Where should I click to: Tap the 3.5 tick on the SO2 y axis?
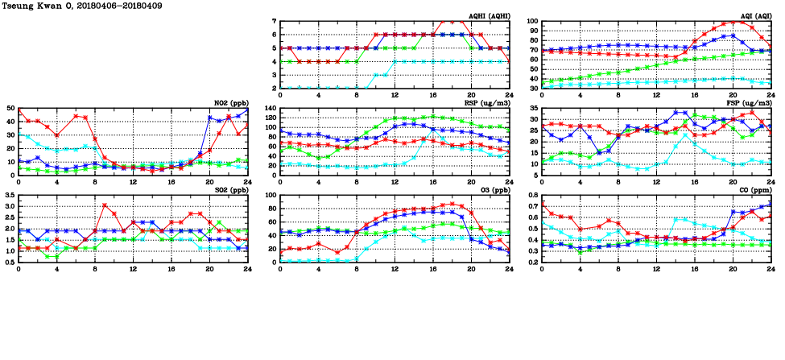tap(7, 196)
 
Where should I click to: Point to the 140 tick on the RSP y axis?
tap(268, 109)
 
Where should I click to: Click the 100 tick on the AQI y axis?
tap(531, 22)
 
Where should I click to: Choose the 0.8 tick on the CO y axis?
tap(532, 196)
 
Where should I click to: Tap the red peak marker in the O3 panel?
tap(452, 204)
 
